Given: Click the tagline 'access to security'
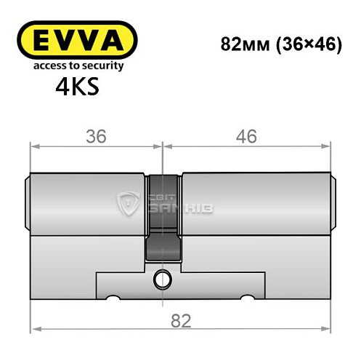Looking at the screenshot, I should [x=75, y=66].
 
